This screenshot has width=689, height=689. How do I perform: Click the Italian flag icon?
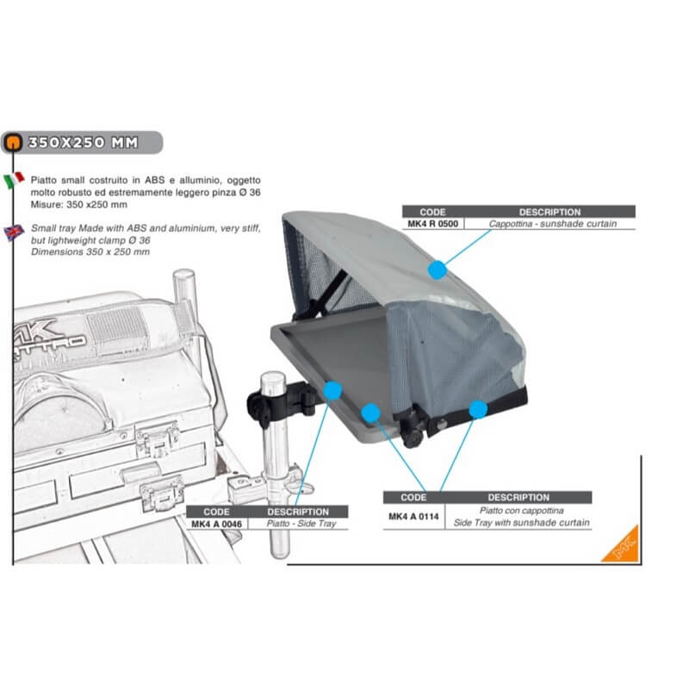14,180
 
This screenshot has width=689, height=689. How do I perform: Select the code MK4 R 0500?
432,224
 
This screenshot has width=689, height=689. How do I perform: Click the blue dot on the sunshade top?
438,270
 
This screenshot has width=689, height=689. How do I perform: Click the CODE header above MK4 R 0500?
432,211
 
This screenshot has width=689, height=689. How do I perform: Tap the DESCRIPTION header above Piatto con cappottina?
518,497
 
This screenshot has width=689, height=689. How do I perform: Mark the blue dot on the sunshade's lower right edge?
478,409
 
